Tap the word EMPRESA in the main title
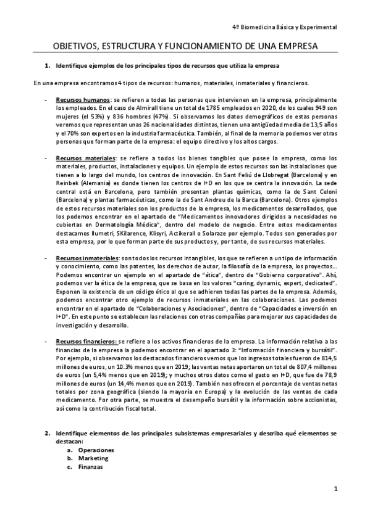tap(295, 46)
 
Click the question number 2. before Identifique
tap(46, 434)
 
